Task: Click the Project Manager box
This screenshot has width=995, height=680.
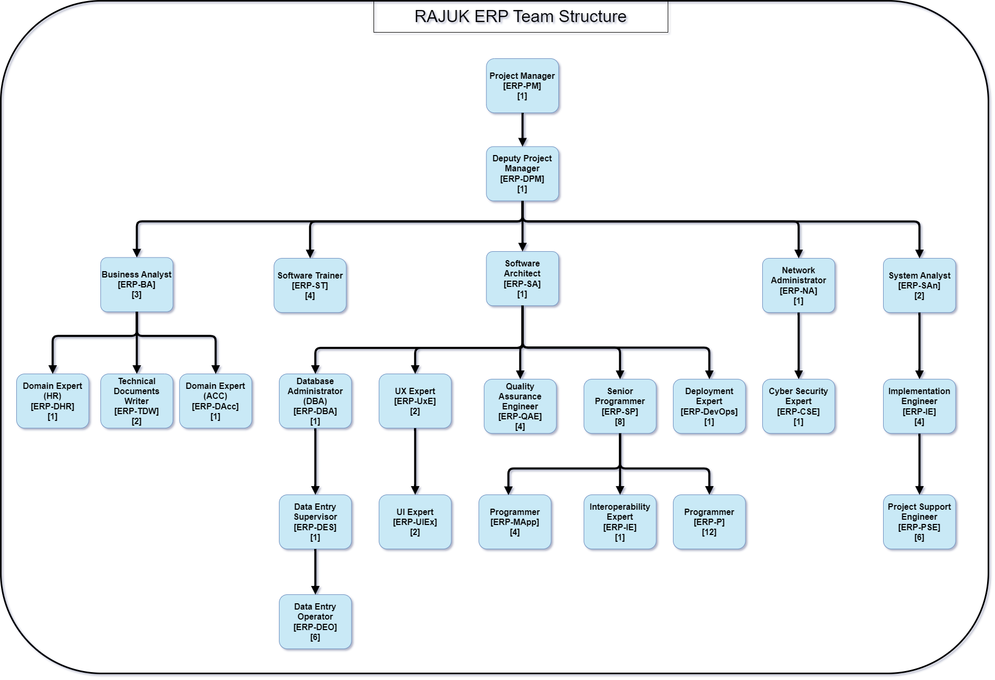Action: tap(522, 86)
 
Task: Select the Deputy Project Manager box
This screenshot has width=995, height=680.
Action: tap(522, 173)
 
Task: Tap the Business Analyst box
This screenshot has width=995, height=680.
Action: tap(137, 284)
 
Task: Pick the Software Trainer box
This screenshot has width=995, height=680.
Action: tap(310, 285)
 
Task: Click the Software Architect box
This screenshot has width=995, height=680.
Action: tap(522, 279)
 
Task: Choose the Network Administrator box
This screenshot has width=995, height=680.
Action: tap(799, 285)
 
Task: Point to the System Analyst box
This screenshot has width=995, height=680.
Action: tap(919, 285)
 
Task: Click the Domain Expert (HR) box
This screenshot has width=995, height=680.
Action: tap(53, 401)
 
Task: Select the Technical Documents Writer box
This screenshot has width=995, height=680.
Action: tap(137, 401)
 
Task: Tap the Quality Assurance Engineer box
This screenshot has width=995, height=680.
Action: tap(520, 406)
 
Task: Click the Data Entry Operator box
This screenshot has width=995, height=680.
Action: tap(315, 622)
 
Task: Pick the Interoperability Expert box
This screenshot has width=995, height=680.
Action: tap(620, 522)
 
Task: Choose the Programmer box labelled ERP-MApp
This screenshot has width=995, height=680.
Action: tap(515, 522)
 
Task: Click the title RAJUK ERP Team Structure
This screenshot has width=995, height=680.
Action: tap(521, 16)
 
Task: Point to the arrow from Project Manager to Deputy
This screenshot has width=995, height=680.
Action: tap(522, 130)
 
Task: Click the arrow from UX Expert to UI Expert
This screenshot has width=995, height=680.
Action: tap(415, 461)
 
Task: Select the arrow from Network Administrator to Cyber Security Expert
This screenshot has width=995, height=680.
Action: tap(799, 346)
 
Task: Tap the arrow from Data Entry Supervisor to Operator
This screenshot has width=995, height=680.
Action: tap(315, 572)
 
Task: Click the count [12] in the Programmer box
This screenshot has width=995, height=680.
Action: tap(709, 532)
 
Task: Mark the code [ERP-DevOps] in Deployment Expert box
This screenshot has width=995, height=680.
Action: tap(709, 411)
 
